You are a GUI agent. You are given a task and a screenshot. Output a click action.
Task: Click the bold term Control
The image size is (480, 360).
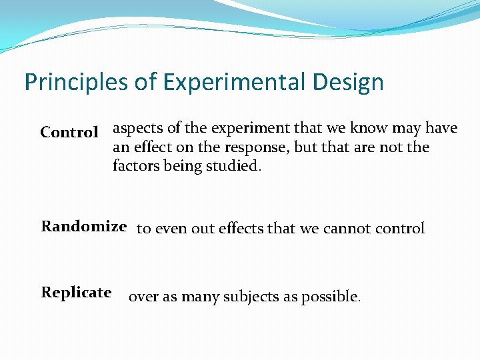coord(69,132)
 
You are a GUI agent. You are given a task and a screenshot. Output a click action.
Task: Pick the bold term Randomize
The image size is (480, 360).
coord(84,226)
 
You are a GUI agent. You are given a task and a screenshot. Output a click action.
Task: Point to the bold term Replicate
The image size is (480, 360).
coord(76,292)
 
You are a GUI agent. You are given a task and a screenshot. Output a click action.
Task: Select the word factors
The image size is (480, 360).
coord(135,165)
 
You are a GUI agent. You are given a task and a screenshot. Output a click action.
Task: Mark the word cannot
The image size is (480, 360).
coord(347,229)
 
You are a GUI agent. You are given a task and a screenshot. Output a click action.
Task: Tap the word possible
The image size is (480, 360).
coord(331,297)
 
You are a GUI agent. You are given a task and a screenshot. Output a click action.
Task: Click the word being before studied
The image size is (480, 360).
coord(187,165)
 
